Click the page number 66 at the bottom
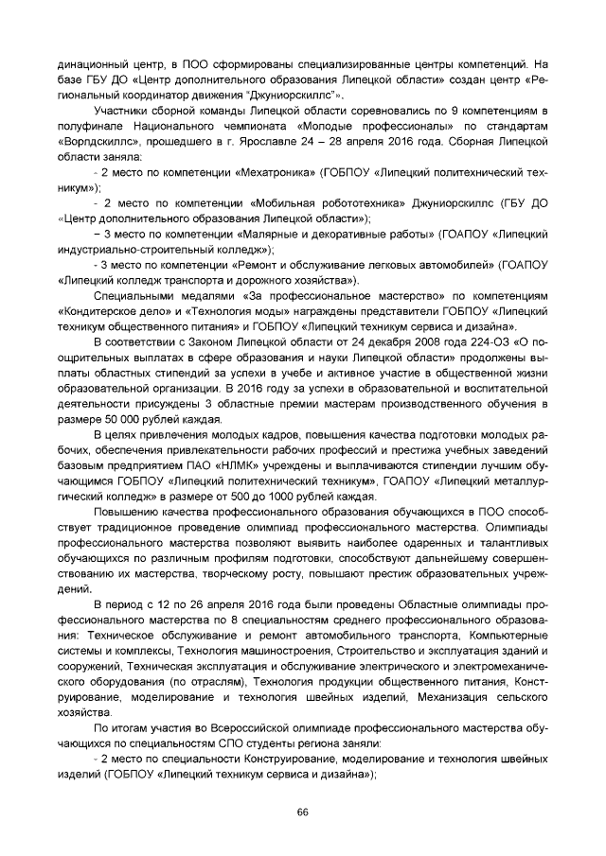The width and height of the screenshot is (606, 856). coord(303,812)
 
